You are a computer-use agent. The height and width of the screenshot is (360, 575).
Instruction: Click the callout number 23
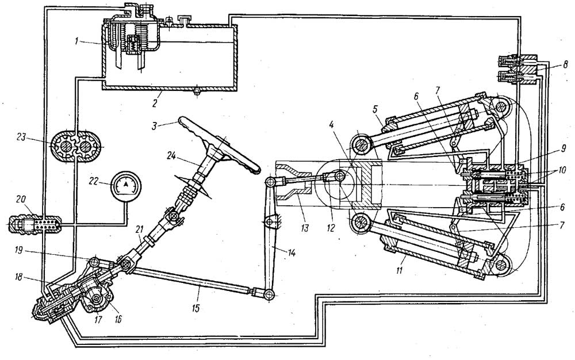click(21, 137)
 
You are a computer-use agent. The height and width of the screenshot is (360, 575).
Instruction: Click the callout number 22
click(94, 181)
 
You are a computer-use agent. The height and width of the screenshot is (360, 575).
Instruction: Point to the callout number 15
click(196, 308)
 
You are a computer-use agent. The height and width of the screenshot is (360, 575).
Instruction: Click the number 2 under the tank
click(155, 103)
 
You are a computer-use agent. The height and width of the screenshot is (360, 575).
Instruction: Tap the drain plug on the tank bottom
click(197, 90)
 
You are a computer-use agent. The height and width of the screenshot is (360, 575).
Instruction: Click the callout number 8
click(566, 65)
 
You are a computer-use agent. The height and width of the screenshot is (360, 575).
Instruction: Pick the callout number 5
click(375, 109)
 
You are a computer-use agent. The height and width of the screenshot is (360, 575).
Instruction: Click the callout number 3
click(154, 126)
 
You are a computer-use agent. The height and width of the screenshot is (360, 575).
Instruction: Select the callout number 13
click(305, 228)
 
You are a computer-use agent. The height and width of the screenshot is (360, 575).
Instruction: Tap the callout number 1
click(77, 41)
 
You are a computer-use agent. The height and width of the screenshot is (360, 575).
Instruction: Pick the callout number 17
click(98, 319)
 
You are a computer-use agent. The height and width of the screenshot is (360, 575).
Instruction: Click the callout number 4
click(331, 124)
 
